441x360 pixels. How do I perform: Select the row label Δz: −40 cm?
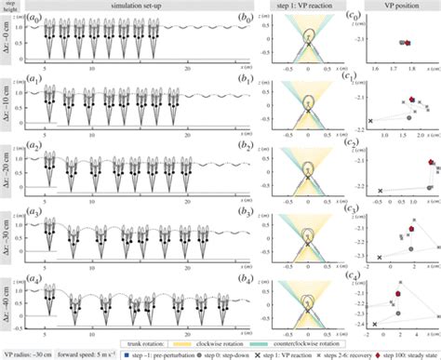point(8,299)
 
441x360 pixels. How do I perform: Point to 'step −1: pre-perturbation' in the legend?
point(147,353)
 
